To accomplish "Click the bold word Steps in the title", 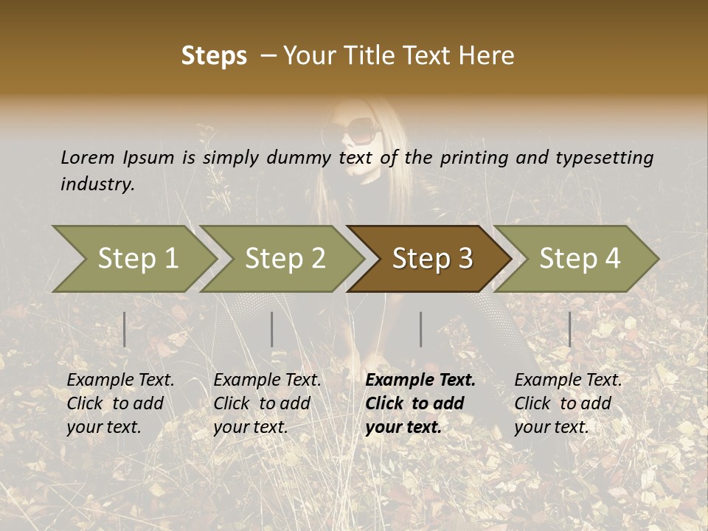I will point(214,56).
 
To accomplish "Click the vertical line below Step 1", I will point(125,329).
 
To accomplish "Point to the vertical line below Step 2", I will point(272,329).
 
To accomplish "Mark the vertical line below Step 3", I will point(421,329).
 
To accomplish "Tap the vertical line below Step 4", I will point(570,329).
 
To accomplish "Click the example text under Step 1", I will point(120,403).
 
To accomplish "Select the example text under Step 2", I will point(267,403).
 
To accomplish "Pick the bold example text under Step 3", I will point(420,403).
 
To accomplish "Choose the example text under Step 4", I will point(568,403).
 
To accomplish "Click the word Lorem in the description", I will point(88,157).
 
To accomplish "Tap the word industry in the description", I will point(97,184).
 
